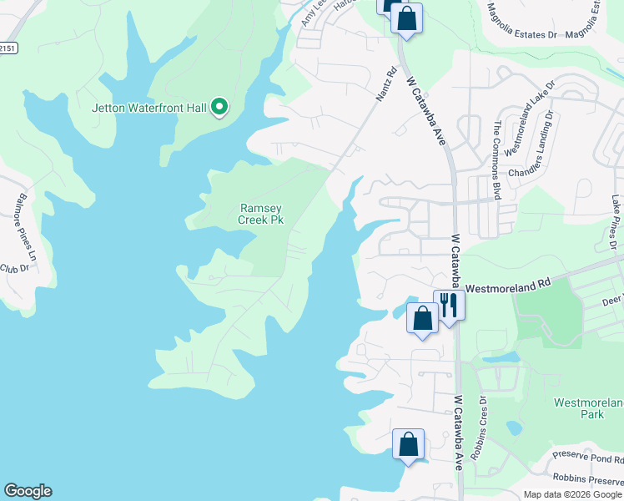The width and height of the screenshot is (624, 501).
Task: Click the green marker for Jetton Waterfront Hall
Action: (219, 107)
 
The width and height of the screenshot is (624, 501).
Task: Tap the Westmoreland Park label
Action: (589, 408)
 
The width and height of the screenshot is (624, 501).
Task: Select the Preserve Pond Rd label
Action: (588, 458)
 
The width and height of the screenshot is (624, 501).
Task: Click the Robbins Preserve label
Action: (588, 478)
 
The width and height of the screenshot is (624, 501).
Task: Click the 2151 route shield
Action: (8, 49)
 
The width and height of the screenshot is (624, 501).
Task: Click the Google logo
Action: (28, 491)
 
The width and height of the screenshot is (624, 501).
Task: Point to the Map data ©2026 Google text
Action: (572, 494)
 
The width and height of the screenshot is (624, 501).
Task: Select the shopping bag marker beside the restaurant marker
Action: (423, 318)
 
